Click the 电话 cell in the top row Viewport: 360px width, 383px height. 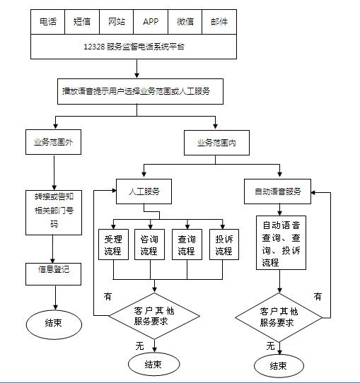pos(48,21)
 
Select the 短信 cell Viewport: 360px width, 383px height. pos(82,21)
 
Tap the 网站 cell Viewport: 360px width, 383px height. pos(116,21)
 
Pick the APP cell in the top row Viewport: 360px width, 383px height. pos(151,21)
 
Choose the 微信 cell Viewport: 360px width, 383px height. pos(185,21)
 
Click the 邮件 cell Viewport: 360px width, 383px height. pos(219,21)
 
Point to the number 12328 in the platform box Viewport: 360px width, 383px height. pos(93,46)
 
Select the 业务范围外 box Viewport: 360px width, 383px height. pos(53,142)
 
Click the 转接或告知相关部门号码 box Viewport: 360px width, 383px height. pos(53,211)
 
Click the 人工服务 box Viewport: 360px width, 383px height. pos(144,191)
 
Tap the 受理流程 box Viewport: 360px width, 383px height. pos(113,244)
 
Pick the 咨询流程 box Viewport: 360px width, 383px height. pos(149,244)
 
